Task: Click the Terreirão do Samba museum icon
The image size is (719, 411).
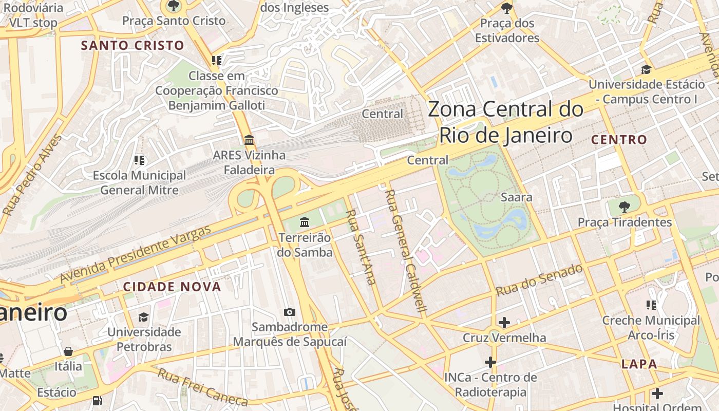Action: click(305, 222)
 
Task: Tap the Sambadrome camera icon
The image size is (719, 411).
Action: click(290, 312)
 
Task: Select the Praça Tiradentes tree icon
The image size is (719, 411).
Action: click(625, 207)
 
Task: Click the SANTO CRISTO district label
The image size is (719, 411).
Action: click(133, 45)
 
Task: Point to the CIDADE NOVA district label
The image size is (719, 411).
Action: click(172, 287)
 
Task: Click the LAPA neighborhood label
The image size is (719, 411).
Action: click(639, 364)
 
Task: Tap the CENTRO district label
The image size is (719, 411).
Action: click(619, 140)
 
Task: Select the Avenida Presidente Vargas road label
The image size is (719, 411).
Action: click(135, 254)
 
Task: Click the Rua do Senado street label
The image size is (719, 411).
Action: click(539, 280)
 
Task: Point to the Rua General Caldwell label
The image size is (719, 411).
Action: click(406, 251)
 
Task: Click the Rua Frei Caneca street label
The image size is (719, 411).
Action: click(202, 386)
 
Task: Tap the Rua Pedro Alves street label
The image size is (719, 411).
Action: click(32, 175)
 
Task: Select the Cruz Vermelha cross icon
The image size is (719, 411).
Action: click(504, 323)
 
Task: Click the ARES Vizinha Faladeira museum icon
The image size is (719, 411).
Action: click(249, 140)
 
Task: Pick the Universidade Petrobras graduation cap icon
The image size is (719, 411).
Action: click(143, 317)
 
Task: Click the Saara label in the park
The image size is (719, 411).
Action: click(516, 197)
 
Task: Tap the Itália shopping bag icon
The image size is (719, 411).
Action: click(68, 351)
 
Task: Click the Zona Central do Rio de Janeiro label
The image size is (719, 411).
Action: click(505, 122)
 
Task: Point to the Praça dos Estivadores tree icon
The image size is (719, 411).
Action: click(507, 8)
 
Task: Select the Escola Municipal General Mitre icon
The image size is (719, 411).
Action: click(139, 160)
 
